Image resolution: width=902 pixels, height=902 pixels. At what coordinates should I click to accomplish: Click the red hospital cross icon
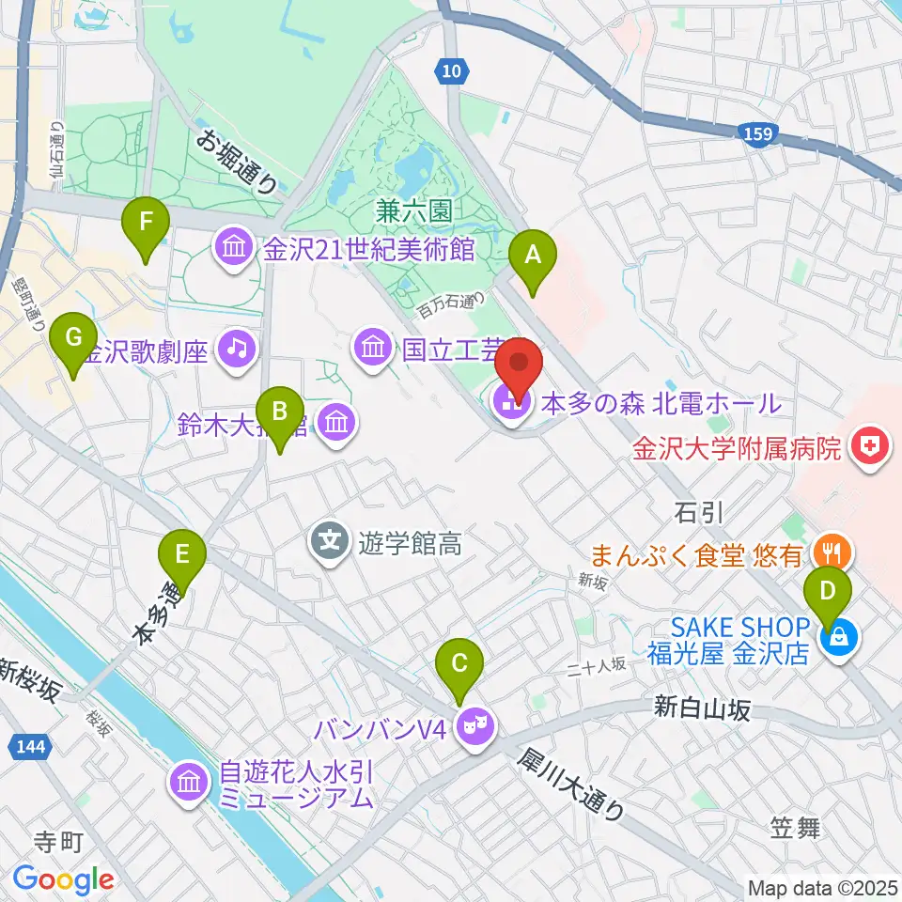tap(870, 443)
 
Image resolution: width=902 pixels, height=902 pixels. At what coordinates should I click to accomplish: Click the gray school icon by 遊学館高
tap(330, 541)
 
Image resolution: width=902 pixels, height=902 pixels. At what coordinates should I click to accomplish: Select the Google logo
tap(63, 879)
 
